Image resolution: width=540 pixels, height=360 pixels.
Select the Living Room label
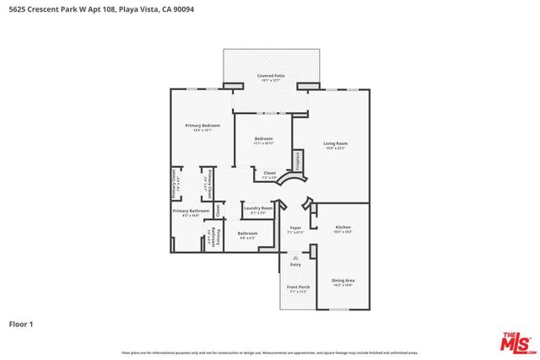click(335, 143)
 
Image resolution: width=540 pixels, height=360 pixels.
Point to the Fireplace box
click(298, 159)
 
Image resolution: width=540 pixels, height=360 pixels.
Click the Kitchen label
click(343, 228)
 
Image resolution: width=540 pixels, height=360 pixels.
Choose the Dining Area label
click(343, 280)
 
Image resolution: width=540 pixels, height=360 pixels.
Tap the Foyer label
click(295, 228)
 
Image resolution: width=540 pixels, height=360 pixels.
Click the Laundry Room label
click(258, 208)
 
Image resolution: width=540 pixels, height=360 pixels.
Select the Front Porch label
click(298, 287)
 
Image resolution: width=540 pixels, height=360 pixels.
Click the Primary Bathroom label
click(191, 211)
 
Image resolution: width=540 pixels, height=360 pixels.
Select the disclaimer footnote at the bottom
click(270, 352)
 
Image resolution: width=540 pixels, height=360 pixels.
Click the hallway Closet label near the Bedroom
click(269, 174)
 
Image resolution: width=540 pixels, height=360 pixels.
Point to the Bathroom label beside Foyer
click(247, 234)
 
